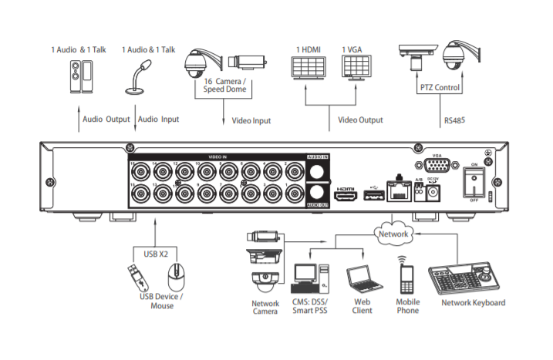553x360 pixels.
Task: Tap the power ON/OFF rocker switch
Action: tap(473, 181)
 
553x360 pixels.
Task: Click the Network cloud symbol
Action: tap(393, 232)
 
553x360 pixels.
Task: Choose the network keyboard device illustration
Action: tap(465, 277)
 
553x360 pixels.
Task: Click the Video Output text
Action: tap(360, 119)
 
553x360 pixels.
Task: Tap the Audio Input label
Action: tap(159, 119)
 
